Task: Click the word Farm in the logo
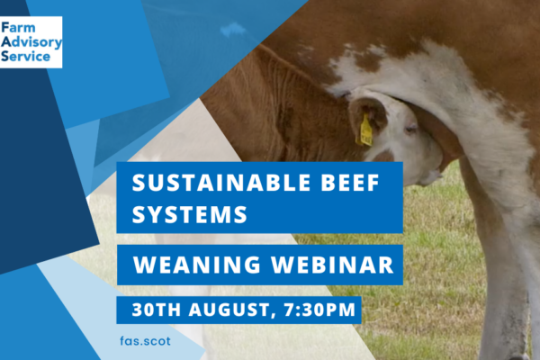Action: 18,28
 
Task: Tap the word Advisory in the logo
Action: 31,42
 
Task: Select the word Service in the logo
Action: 25,56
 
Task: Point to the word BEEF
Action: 350,183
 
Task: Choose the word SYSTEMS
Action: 190,214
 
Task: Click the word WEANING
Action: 197,265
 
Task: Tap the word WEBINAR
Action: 332,265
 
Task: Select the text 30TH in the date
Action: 157,310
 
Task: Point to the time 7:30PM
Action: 319,310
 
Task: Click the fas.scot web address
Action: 145,341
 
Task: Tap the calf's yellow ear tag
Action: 365,130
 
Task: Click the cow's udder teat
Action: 433,176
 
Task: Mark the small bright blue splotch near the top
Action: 233,30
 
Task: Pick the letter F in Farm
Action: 5,28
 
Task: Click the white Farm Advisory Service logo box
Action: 31,42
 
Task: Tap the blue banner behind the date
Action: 238,310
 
